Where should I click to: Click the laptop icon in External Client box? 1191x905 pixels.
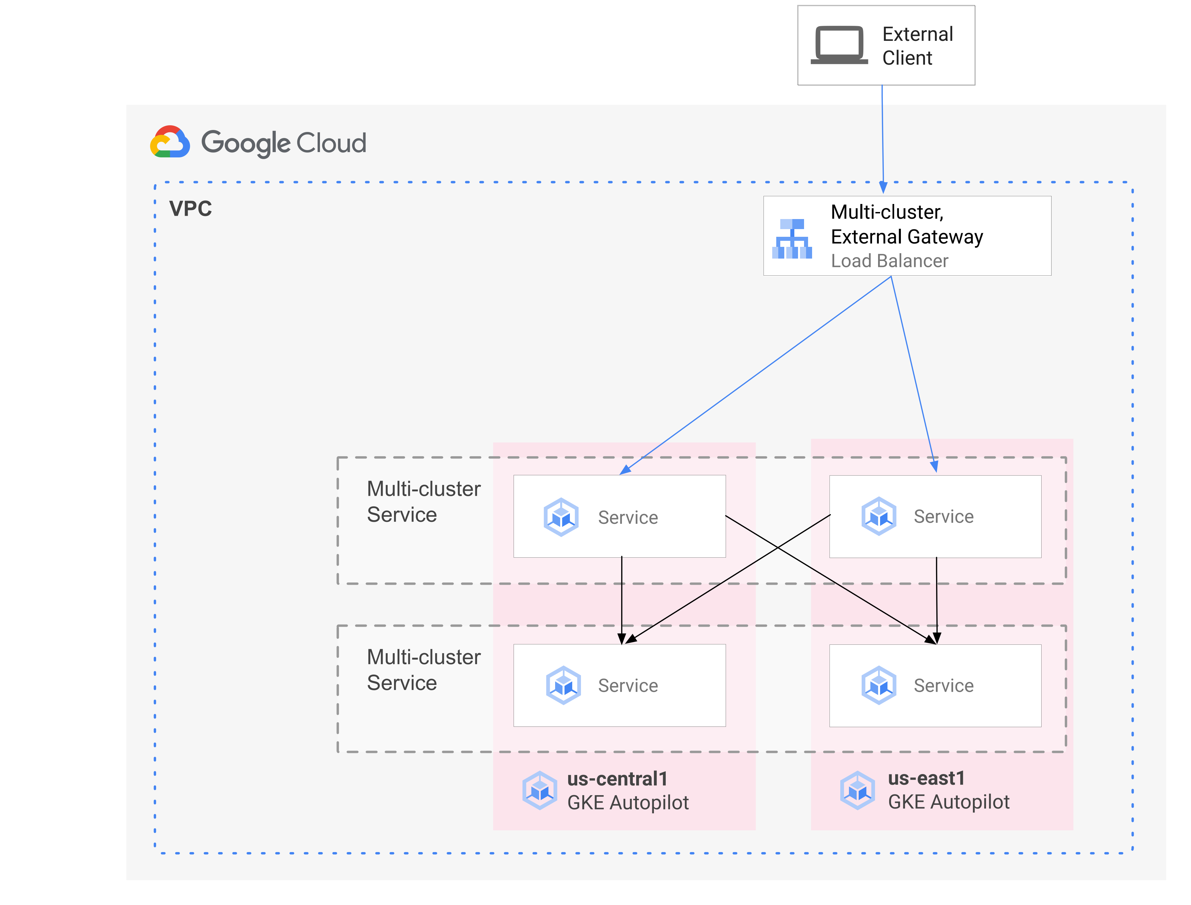pos(839,45)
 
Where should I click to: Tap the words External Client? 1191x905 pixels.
pos(917,46)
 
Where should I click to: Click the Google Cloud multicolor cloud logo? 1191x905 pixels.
pos(170,142)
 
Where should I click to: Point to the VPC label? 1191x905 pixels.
pos(190,208)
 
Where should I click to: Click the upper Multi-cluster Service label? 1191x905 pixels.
pos(423,501)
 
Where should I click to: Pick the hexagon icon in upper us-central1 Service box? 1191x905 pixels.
pos(561,517)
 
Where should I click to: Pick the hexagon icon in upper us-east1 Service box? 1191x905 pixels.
pos(878,516)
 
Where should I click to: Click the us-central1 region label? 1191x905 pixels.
pos(617,779)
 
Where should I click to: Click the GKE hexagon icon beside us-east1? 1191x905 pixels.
pos(857,790)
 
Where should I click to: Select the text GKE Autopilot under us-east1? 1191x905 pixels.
pos(948,802)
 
